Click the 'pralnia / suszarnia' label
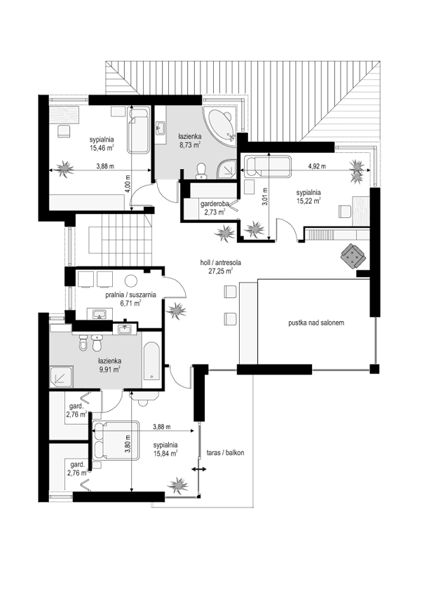(130, 295)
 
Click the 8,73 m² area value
(189, 145)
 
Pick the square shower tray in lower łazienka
(62, 378)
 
